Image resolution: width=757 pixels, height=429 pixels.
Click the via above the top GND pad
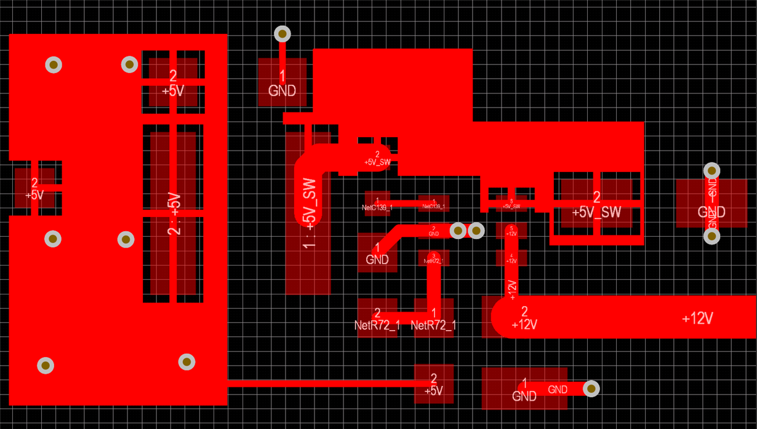pyautogui.click(x=282, y=34)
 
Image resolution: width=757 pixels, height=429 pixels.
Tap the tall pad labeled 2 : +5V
pyautogui.click(x=173, y=213)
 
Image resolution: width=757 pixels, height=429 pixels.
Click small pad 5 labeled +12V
pyautogui.click(x=511, y=230)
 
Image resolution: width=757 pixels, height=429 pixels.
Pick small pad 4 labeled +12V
pyautogui.click(x=511, y=258)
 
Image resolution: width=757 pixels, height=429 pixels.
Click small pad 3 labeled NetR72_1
pyautogui.click(x=433, y=258)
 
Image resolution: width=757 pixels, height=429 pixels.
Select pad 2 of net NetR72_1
pyautogui.click(x=377, y=318)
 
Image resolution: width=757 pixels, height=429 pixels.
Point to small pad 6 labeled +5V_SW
pyautogui.click(x=511, y=203)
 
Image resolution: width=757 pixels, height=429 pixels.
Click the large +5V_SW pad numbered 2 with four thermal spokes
pyautogui.click(x=596, y=204)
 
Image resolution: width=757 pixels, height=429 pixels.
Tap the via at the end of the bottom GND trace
pyautogui.click(x=591, y=388)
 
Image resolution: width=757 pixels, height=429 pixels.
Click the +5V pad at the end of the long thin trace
pyautogui.click(x=433, y=384)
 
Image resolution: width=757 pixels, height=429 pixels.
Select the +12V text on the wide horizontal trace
pyautogui.click(x=697, y=318)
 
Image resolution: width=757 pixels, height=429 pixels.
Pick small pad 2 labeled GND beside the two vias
pyautogui.click(x=433, y=230)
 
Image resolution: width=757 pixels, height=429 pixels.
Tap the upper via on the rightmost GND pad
pyautogui.click(x=711, y=170)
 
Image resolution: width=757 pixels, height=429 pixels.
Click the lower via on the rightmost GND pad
pyautogui.click(x=711, y=236)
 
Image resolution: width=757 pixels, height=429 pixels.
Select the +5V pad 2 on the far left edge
pyautogui.click(x=34, y=188)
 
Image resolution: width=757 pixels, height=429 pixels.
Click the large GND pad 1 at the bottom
pyautogui.click(x=524, y=388)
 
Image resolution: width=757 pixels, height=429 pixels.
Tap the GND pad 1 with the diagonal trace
pyautogui.click(x=377, y=253)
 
